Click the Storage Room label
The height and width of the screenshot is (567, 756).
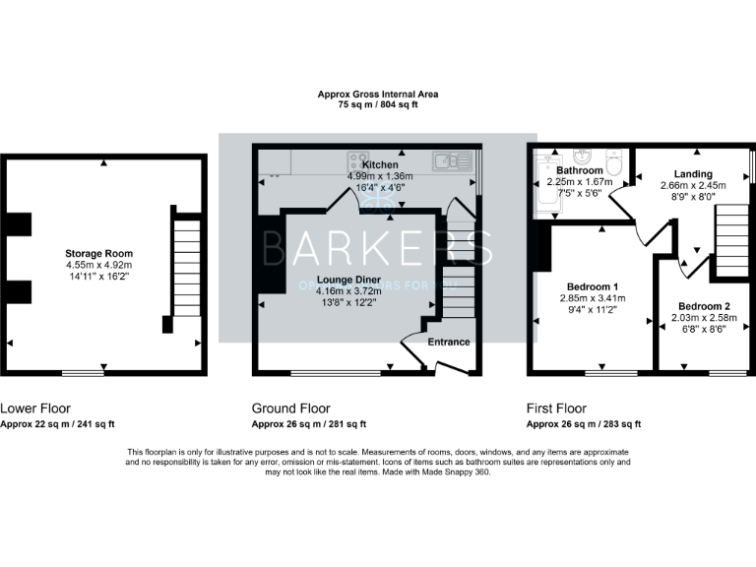[x=99, y=253]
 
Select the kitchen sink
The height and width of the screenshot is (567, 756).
[x=448, y=159]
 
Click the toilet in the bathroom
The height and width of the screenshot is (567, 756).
[x=614, y=163]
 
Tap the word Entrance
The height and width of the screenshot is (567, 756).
[x=449, y=342]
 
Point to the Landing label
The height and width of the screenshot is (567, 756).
[x=693, y=174]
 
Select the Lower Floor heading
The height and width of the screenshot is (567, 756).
[x=35, y=408]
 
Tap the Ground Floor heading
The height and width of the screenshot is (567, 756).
[x=291, y=408]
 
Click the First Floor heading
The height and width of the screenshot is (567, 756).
[x=556, y=408]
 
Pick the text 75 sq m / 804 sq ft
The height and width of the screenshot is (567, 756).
[x=378, y=104]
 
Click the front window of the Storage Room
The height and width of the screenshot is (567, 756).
[x=83, y=373]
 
